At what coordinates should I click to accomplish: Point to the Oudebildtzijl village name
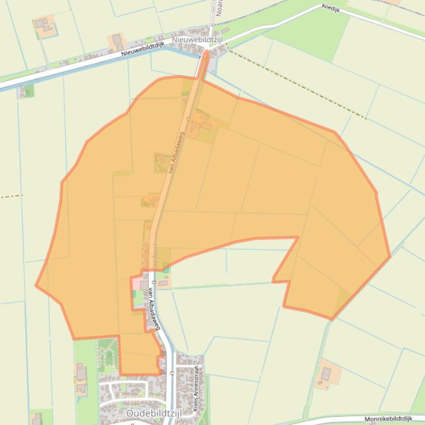pos(150,413)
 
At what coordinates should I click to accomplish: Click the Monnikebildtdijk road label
pos(389,419)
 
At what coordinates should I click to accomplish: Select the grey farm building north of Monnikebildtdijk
pos(326,374)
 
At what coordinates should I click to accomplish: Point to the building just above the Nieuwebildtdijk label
pos(116,39)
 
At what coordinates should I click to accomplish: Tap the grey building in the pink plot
pos(144,285)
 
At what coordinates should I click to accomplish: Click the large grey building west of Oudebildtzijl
pos(82,374)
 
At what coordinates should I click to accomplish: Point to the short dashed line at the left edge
pos(11,196)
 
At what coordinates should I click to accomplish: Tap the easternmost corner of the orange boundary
pos(390,256)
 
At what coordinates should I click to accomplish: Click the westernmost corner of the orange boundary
pos(36,285)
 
